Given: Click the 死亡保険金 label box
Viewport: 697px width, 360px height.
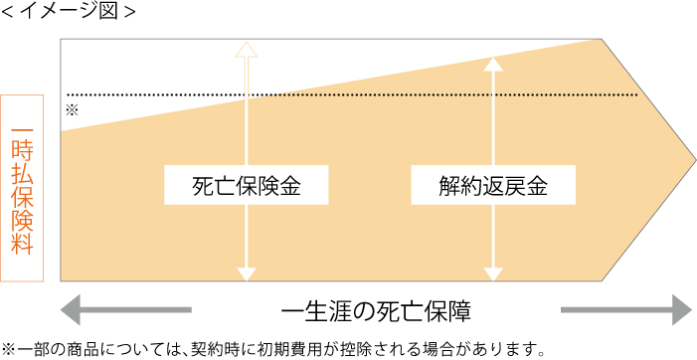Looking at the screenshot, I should tap(247, 185).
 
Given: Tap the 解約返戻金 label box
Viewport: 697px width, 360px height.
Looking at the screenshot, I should tap(493, 185).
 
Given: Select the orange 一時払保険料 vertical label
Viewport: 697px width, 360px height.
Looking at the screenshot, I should tap(22, 189).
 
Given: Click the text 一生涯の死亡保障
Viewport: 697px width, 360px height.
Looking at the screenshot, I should tap(375, 310).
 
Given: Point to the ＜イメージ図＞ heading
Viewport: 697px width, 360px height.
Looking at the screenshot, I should tap(68, 13).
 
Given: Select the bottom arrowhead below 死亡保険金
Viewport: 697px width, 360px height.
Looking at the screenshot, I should tap(247, 271).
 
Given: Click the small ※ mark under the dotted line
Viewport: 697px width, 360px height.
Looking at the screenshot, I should tap(72, 109).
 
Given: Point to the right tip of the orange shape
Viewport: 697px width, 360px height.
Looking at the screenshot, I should tap(693, 158).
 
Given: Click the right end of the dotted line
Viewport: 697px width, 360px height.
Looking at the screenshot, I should tap(635, 95).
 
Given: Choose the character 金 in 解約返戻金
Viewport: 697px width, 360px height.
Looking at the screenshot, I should tap(537, 185).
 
